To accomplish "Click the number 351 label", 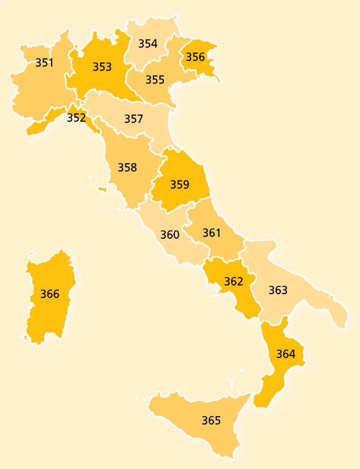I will pos(44,63).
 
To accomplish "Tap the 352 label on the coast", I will pos(76,118).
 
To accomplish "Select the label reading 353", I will pos(102,67).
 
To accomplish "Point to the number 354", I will pos(148,44).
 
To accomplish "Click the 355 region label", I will pos(155,80).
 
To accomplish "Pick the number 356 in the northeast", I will pos(195,57).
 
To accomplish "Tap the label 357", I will pos(134,119).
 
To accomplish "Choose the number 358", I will pos(127,167).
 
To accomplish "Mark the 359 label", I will pos(180,185).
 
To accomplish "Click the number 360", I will pos(169,235).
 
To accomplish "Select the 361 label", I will pos(211,232).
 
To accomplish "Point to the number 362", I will pos(234,281).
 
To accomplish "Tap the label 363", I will pos(278,290).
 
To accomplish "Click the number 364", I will pos(286,354).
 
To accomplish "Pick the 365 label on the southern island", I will pos(211,420).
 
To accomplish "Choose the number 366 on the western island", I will pos(50,294).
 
